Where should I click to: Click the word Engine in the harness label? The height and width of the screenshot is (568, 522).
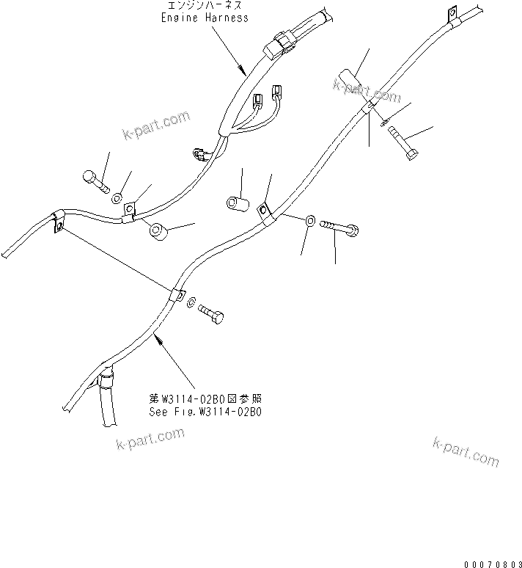point(179,17)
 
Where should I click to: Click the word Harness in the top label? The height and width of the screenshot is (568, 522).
point(224,17)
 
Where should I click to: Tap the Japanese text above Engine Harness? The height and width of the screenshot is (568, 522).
point(204,6)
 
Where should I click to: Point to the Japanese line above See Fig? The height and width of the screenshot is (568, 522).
point(205,398)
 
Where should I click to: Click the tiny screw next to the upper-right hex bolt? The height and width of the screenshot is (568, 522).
point(386,122)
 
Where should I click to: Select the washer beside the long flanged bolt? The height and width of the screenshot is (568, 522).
point(311,220)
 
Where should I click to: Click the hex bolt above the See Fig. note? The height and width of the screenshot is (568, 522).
point(213,313)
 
